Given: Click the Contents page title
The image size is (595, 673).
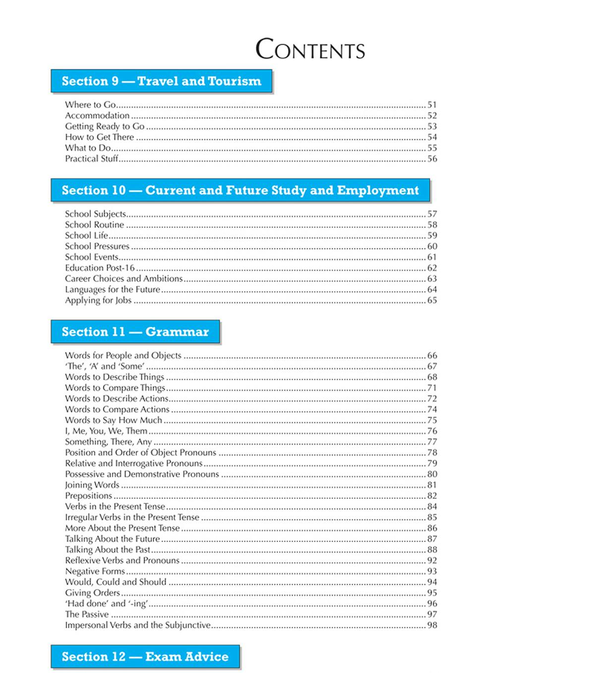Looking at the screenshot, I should (310, 50).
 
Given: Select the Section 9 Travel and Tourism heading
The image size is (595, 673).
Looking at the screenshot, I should (161, 81).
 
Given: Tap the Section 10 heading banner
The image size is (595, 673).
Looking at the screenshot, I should (240, 190).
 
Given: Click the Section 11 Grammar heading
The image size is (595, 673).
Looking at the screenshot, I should (135, 332).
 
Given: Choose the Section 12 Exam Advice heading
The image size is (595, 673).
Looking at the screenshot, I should (145, 657).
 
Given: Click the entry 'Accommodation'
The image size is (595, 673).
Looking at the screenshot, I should (97, 116).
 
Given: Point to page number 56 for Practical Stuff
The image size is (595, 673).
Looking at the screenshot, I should (432, 159).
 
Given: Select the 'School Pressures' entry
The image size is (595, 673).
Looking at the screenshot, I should (97, 246).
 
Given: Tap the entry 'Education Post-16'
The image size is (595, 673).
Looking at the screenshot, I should (100, 268).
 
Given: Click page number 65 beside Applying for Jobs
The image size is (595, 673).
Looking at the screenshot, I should (432, 301).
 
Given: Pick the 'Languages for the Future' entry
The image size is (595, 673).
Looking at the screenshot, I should (113, 290).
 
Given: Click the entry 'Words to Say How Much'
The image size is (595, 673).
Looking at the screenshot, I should (114, 420).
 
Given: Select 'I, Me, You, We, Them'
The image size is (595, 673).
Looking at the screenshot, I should (106, 431).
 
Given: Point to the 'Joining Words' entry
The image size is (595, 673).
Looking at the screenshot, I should (92, 485).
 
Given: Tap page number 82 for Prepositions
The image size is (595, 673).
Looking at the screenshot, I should (432, 496).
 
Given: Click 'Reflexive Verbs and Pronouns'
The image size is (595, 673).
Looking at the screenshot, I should (122, 560).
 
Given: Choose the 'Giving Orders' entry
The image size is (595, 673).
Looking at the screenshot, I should (92, 593).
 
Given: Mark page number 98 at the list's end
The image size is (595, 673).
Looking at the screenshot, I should (432, 625).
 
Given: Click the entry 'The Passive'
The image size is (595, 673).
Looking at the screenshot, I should (87, 614).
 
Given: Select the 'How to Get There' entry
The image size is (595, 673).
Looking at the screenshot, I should (99, 137).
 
